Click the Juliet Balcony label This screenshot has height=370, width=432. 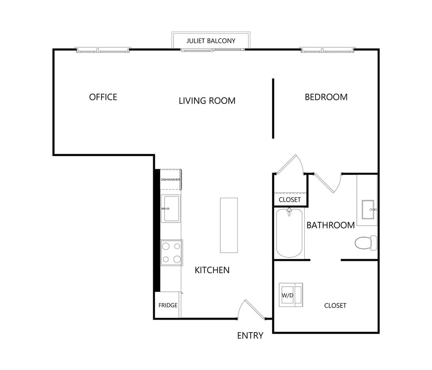211,41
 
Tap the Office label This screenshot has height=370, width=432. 103,97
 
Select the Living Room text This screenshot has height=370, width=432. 207,101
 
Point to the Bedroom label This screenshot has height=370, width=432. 326,97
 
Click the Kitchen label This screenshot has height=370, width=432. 212,270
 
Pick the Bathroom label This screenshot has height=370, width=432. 330,225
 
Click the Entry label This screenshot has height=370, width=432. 250,335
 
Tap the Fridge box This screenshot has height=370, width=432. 168,305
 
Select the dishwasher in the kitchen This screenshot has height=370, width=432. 171,180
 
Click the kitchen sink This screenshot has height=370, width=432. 170,209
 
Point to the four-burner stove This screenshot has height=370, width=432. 171,253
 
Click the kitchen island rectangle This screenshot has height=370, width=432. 229,225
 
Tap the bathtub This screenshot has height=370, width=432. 289,234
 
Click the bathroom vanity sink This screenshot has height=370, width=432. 367,210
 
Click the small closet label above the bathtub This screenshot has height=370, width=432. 290,199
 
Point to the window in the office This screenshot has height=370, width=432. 103,50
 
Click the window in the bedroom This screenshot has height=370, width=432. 328,50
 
